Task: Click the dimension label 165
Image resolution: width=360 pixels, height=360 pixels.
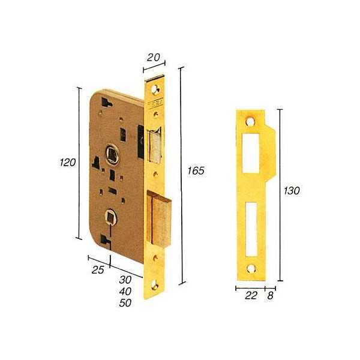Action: (196, 170)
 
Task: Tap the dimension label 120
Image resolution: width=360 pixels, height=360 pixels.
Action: (67, 163)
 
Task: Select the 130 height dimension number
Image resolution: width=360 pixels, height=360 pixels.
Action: (292, 191)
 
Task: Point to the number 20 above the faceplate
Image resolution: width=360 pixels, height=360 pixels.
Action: (153, 58)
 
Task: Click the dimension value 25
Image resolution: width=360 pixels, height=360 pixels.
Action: (98, 270)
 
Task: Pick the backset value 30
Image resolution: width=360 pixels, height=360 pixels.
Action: (125, 280)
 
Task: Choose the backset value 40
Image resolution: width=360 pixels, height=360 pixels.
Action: (125, 292)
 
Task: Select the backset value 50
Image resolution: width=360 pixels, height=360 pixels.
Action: (125, 303)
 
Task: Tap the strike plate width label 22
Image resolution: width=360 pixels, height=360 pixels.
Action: (251, 295)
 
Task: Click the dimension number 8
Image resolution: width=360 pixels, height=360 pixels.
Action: (270, 295)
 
